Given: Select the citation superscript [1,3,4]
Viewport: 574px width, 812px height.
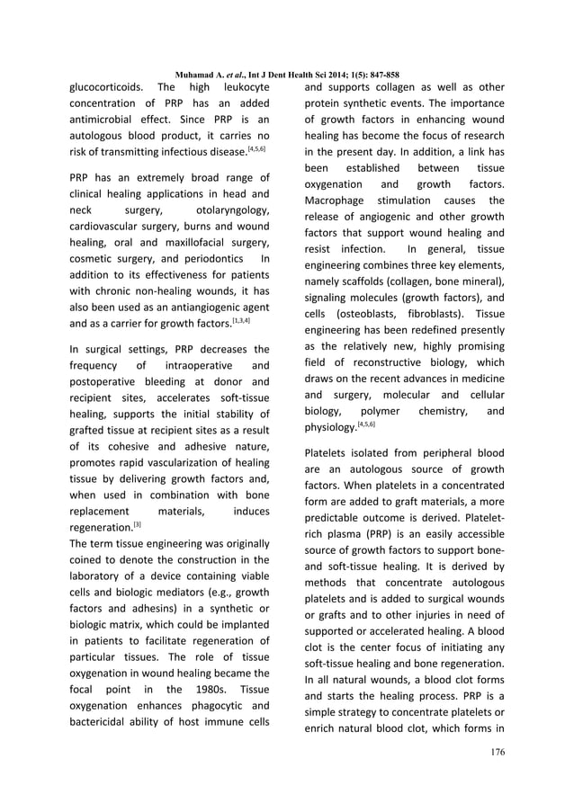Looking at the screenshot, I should (x=241, y=321).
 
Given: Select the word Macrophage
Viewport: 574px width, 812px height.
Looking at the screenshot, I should (x=336, y=200).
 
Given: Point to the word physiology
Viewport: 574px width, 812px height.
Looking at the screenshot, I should (x=330, y=428).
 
